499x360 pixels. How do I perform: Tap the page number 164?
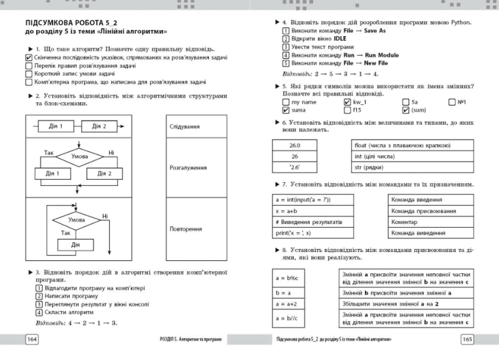point(31,339)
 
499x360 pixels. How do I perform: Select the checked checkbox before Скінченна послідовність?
point(29,57)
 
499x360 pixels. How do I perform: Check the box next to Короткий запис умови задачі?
point(29,74)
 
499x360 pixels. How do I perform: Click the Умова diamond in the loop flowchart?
point(77,220)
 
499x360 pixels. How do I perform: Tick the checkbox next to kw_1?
point(347,101)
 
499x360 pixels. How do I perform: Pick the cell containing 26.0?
point(295,144)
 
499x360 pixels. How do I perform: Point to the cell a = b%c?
point(295,278)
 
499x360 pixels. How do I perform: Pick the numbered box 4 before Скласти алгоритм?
point(38,312)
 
